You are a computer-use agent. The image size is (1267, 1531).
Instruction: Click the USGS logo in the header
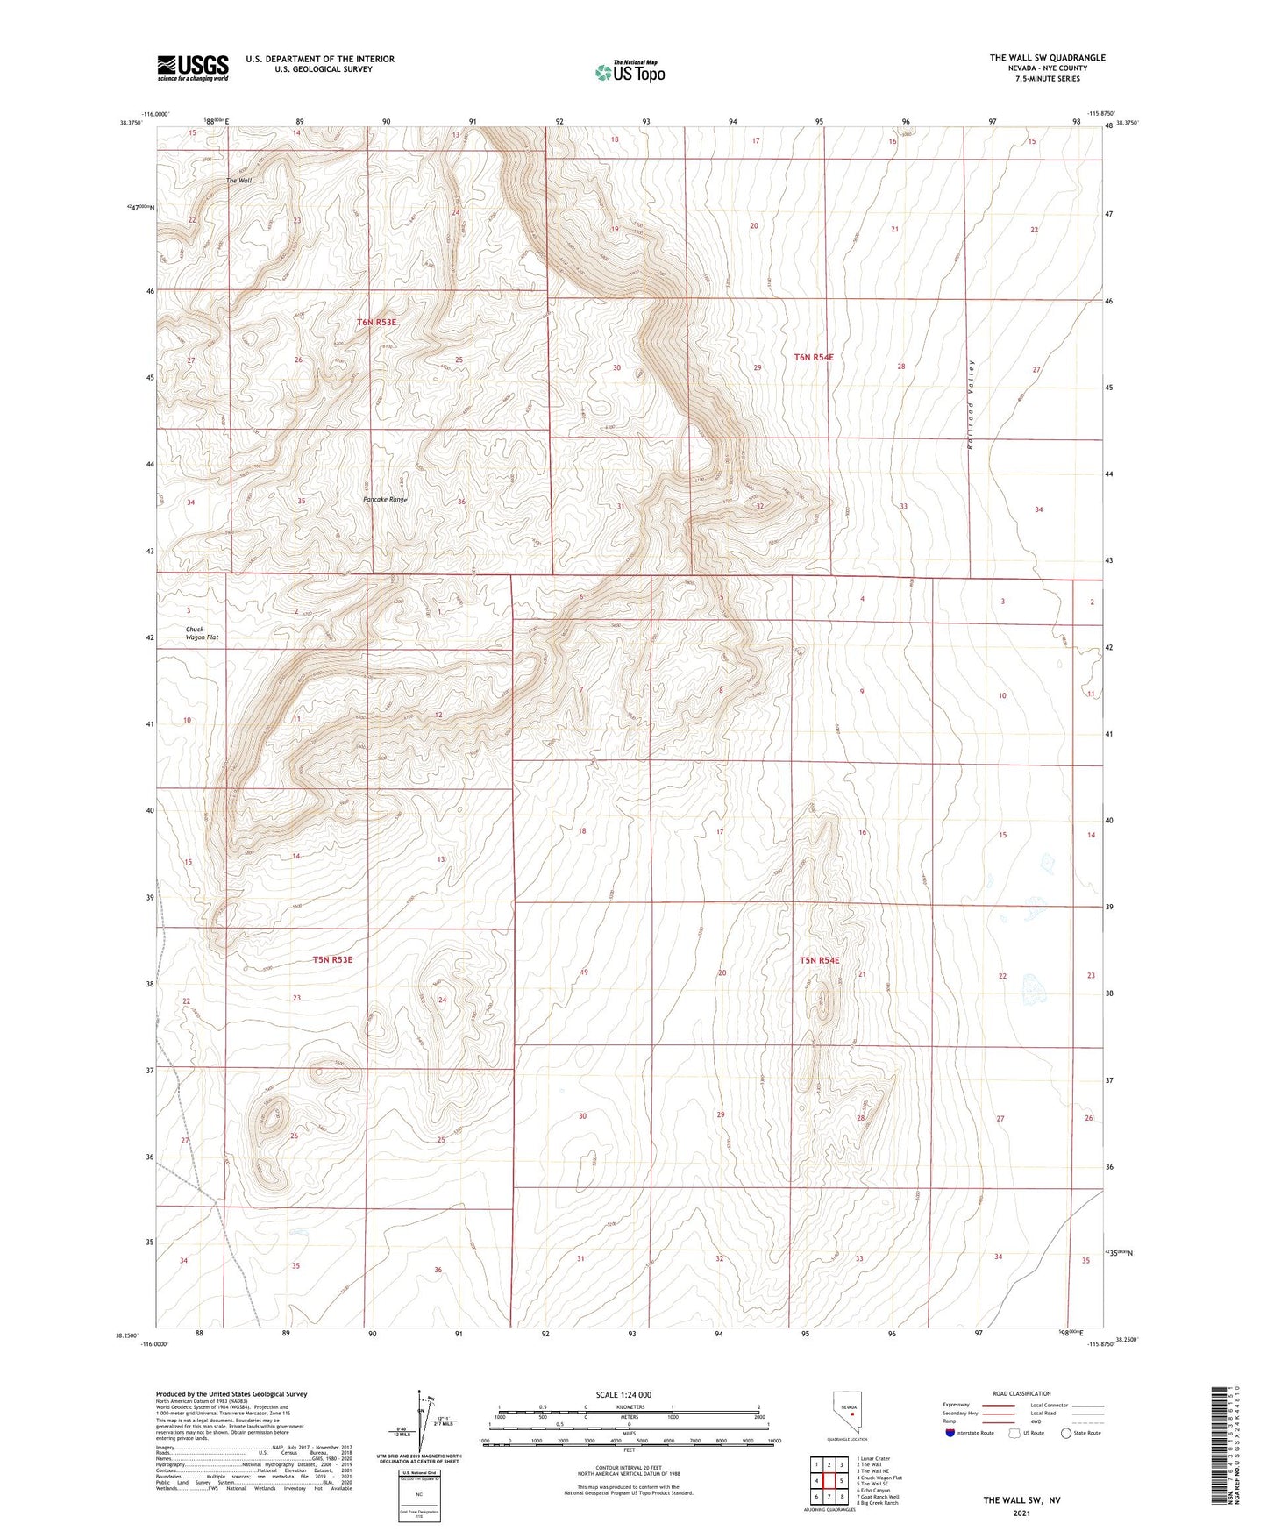(193, 68)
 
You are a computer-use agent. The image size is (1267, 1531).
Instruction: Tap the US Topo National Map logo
(630, 72)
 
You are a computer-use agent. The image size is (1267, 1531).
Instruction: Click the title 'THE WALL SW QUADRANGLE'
(1047, 58)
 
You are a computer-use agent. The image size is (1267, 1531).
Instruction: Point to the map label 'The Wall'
(238, 181)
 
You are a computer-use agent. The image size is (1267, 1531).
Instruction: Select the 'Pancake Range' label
(385, 500)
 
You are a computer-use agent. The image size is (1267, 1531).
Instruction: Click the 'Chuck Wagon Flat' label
(202, 633)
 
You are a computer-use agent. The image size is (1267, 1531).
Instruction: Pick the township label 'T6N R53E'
(377, 323)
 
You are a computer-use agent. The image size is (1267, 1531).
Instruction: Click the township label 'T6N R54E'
(813, 357)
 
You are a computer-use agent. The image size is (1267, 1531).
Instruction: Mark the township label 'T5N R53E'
(332, 959)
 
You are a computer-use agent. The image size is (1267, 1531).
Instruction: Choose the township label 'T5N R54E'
(819, 960)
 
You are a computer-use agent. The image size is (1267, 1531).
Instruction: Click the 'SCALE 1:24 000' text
(623, 1394)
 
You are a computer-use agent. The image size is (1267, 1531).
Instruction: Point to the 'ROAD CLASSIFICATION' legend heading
(1021, 1393)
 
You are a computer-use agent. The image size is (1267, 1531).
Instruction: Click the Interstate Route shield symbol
(950, 1433)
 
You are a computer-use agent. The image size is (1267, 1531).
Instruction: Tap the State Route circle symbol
(1066, 1433)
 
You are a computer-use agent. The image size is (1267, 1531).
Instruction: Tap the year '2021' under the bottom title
(1021, 1513)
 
